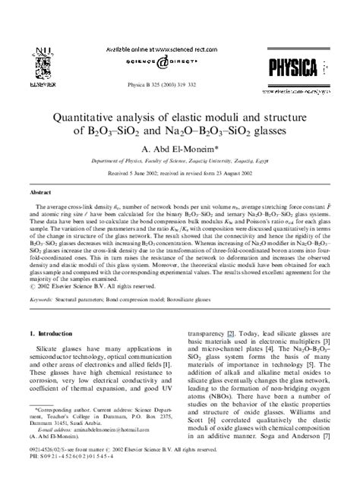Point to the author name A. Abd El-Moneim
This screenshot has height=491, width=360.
click(180, 150)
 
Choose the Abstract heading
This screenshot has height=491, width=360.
click(43, 193)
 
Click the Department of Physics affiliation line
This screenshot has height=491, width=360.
click(180, 162)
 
